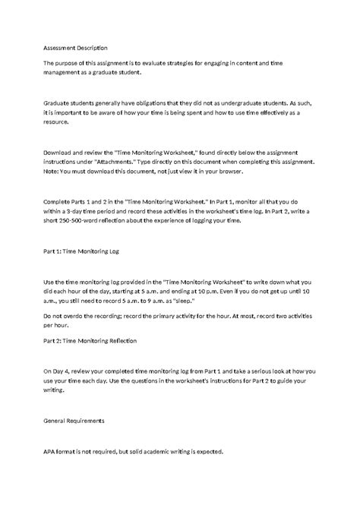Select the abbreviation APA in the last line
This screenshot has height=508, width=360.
[x=50, y=451]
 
